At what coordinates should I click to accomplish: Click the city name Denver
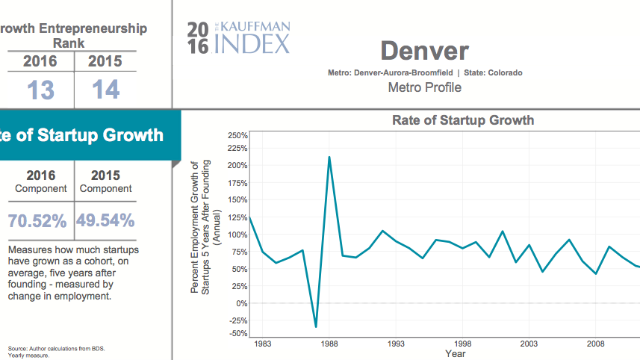click(424, 51)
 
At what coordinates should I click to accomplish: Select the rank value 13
click(41, 90)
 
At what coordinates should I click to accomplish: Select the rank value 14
click(105, 90)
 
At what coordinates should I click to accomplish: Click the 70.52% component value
click(37, 220)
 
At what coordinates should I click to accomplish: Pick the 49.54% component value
click(105, 220)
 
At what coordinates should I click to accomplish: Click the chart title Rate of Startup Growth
click(463, 120)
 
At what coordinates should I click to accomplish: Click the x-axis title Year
click(456, 353)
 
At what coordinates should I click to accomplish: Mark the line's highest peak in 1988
click(329, 157)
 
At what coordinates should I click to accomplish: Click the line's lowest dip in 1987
click(316, 326)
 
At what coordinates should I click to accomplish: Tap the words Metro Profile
click(424, 87)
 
